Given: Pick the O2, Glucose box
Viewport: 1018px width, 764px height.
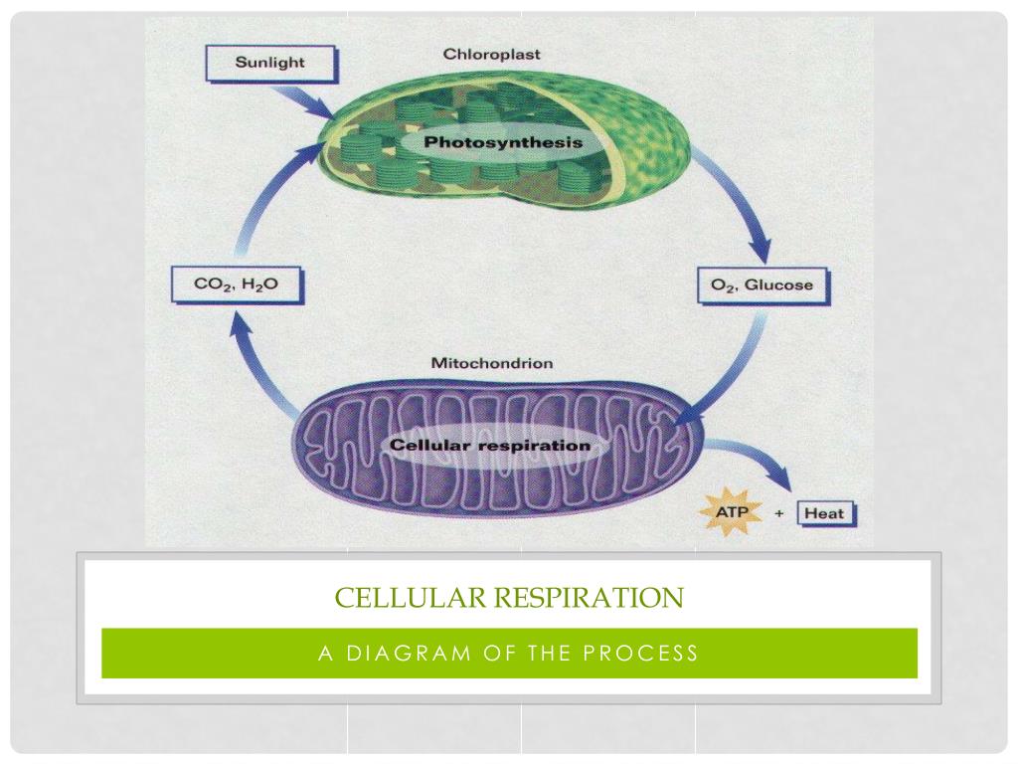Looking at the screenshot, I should click(762, 286).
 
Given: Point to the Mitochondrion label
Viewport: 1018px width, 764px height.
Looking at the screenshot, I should click(491, 363).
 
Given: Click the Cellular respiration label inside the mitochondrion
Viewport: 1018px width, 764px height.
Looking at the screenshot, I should click(490, 445).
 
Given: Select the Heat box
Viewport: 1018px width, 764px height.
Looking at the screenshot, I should click(823, 513).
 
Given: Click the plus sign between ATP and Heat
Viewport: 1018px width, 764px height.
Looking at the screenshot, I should click(779, 514).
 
